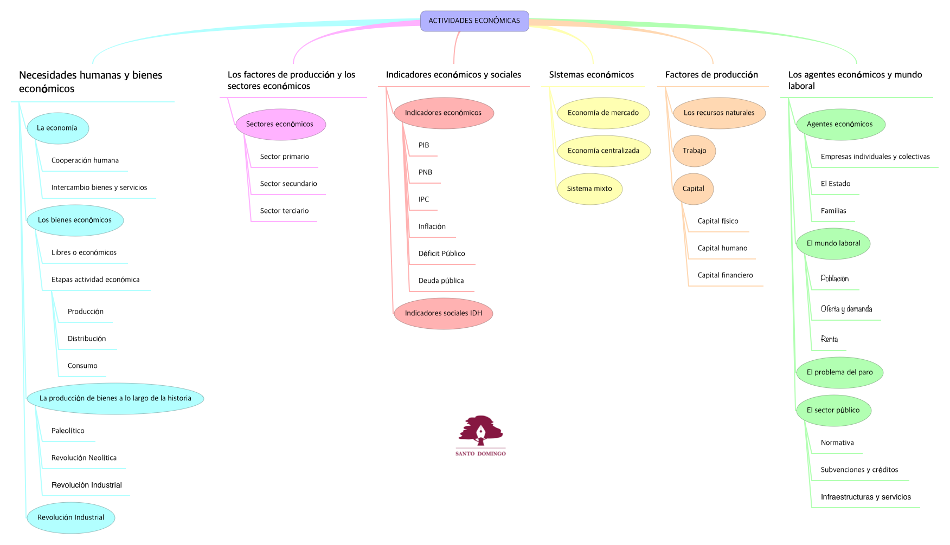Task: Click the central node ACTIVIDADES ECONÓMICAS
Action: pos(474,21)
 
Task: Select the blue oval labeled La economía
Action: pos(57,128)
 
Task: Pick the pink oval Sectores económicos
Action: pos(280,125)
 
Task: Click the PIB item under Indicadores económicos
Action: pos(423,145)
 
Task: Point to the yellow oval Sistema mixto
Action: pos(589,189)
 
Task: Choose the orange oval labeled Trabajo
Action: pos(694,151)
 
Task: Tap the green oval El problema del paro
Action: pos(839,373)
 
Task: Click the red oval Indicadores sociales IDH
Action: pos(443,314)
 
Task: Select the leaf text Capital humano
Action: pos(722,248)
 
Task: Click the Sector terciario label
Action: pos(284,211)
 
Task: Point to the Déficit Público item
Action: pos(441,254)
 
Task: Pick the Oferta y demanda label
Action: pos(846,309)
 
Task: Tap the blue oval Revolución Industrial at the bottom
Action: pos(70,518)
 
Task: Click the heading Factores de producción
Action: pos(711,75)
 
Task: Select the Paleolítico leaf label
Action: pos(68,431)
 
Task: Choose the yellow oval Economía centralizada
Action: pos(603,151)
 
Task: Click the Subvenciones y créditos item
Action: pos(859,470)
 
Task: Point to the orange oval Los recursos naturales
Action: pos(719,113)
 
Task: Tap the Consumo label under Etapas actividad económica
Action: pos(82,366)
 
